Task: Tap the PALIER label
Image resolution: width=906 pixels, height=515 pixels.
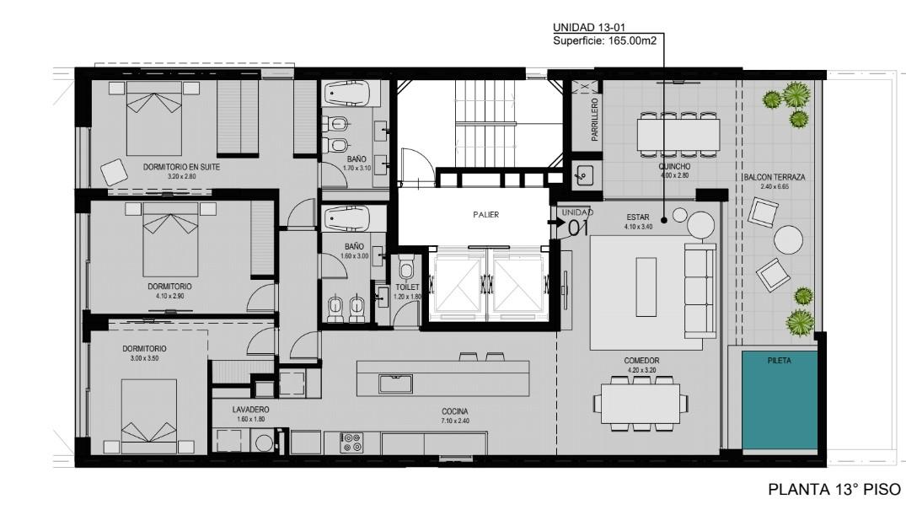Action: tap(486, 214)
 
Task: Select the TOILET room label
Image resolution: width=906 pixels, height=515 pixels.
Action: tap(407, 287)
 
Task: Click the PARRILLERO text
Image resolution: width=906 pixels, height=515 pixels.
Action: tap(594, 120)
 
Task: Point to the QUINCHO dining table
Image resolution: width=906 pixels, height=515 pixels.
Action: tap(678, 133)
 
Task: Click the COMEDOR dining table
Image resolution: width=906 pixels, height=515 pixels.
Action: tap(641, 404)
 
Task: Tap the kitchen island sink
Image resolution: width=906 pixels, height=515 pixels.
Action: tap(396, 384)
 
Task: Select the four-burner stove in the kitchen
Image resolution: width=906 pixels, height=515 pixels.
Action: tap(351, 443)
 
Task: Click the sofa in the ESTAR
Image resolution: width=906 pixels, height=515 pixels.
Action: tap(701, 291)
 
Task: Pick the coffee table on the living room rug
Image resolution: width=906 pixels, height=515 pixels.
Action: tap(646, 287)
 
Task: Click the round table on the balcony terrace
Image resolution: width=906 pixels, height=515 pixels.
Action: tap(788, 240)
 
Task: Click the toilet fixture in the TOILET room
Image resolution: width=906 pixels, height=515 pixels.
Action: tap(407, 269)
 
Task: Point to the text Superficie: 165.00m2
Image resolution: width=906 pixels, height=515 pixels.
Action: tap(604, 40)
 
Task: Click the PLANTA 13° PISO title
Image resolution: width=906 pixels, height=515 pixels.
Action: tap(834, 490)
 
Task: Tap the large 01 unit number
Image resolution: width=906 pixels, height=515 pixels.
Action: tap(578, 228)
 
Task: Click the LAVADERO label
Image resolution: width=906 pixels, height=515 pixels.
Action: tap(251, 410)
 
